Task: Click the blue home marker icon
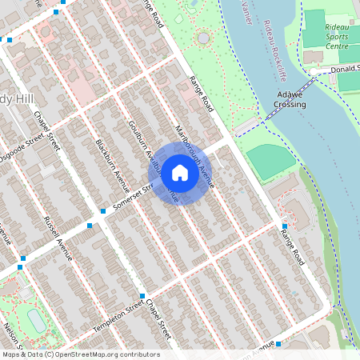coord(180,172)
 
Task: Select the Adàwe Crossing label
coord(290,99)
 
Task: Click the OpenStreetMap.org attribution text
coord(80,354)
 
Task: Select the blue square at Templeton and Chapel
coord(142,297)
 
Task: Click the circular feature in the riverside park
coord(203,38)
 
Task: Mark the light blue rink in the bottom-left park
coord(37,319)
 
